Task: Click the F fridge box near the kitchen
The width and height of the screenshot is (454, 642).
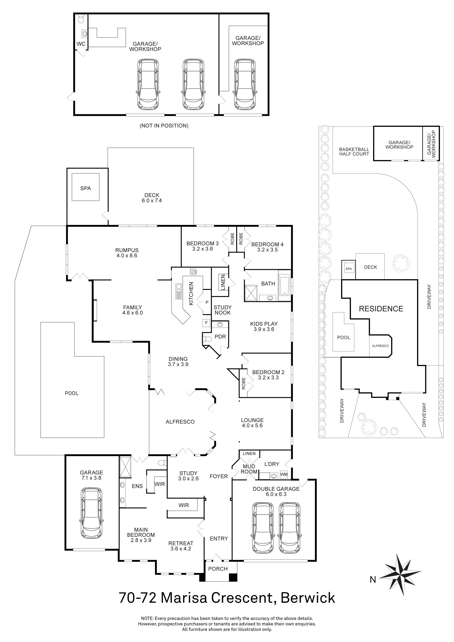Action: click(x=206, y=323)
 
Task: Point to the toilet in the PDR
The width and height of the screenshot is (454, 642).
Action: click(x=207, y=339)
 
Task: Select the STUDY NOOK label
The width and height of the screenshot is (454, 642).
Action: click(x=223, y=310)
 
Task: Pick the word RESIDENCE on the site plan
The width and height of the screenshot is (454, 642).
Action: click(x=381, y=309)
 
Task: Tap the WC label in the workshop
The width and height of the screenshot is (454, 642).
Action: click(x=81, y=44)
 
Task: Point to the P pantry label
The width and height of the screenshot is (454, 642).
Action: click(x=207, y=303)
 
